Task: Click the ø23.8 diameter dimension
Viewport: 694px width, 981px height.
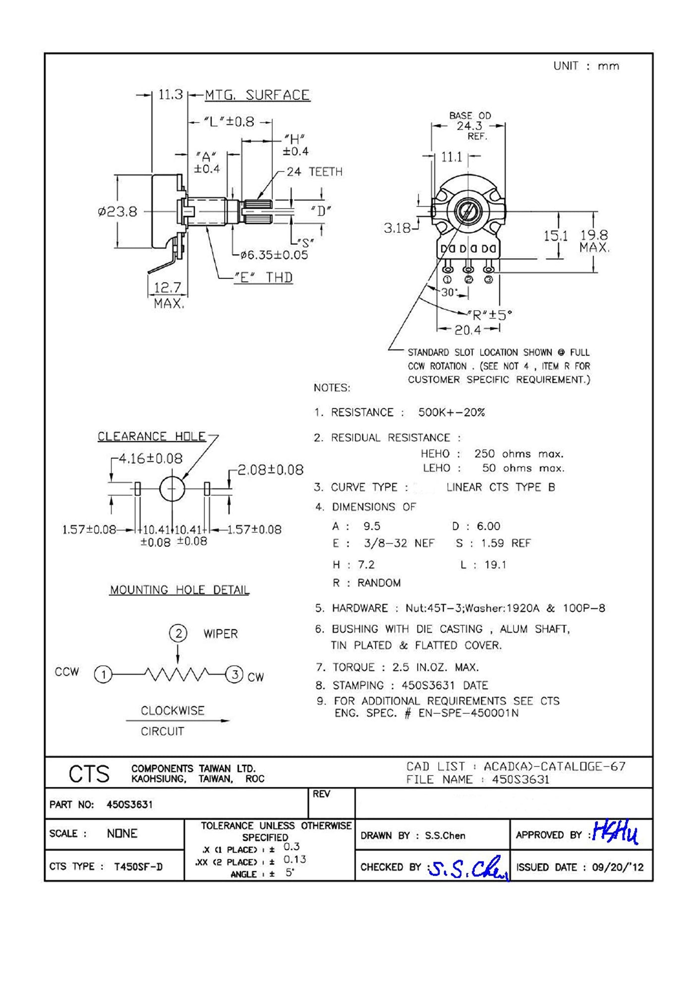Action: [117, 212]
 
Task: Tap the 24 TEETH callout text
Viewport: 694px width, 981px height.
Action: [314, 172]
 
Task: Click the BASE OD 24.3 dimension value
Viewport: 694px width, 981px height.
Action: [469, 126]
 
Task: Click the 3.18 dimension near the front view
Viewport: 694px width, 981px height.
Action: [397, 228]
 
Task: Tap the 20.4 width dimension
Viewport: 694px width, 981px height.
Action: [468, 329]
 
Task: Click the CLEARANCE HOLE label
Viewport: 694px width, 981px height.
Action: [151, 436]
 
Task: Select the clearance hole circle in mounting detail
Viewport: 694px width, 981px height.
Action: [172, 489]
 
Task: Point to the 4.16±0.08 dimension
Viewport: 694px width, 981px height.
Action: [150, 459]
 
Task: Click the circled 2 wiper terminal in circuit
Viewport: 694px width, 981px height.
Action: [178, 633]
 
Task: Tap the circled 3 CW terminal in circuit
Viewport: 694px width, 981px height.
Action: [234, 674]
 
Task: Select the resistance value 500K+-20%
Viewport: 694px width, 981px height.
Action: [451, 412]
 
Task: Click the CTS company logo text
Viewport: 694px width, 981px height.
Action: [89, 774]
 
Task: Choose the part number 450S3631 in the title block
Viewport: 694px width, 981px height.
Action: [129, 805]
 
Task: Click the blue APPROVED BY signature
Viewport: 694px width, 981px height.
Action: [615, 834]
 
